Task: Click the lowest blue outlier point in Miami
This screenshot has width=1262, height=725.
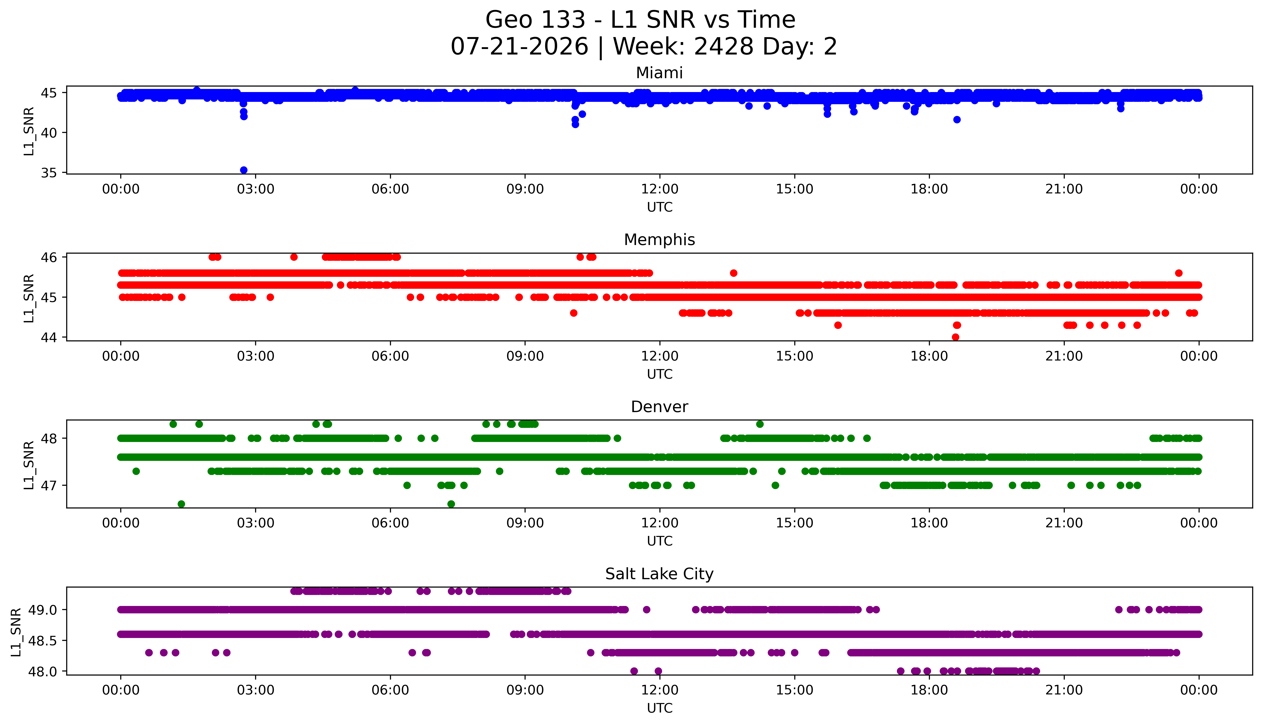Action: tap(244, 170)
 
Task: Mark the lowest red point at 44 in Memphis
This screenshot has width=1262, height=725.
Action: tap(955, 337)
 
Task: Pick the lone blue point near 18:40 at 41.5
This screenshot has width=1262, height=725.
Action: tap(957, 120)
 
